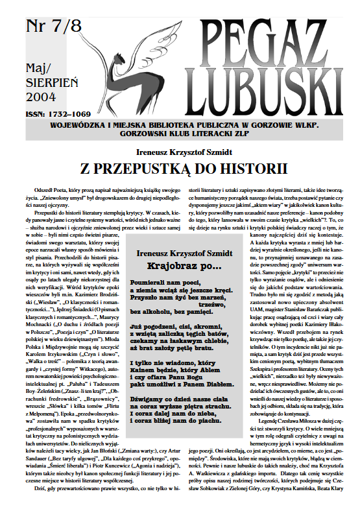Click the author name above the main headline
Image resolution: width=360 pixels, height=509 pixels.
click(x=179, y=153)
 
